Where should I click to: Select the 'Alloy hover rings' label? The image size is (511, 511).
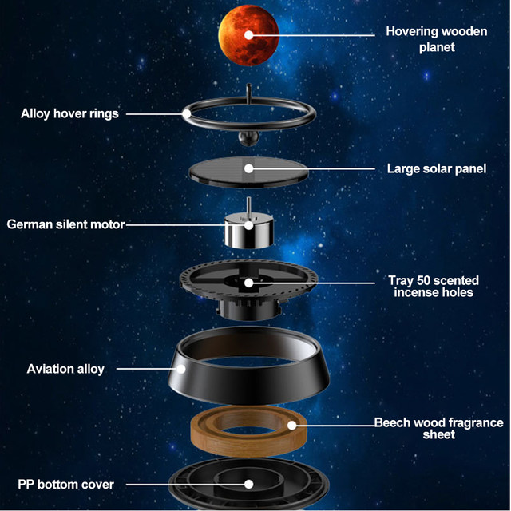click(69, 113)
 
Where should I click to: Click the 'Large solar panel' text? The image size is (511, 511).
click(436, 169)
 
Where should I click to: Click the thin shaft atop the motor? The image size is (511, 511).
click(248, 205)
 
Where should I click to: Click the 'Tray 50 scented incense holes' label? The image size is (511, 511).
click(434, 286)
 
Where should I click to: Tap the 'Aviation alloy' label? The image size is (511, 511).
click(65, 369)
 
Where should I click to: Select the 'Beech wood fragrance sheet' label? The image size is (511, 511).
click(438, 429)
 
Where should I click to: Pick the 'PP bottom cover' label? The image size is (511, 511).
click(66, 484)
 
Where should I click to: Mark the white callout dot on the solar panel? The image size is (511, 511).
click(249, 168)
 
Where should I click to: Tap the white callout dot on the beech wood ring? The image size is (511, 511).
click(292, 426)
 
